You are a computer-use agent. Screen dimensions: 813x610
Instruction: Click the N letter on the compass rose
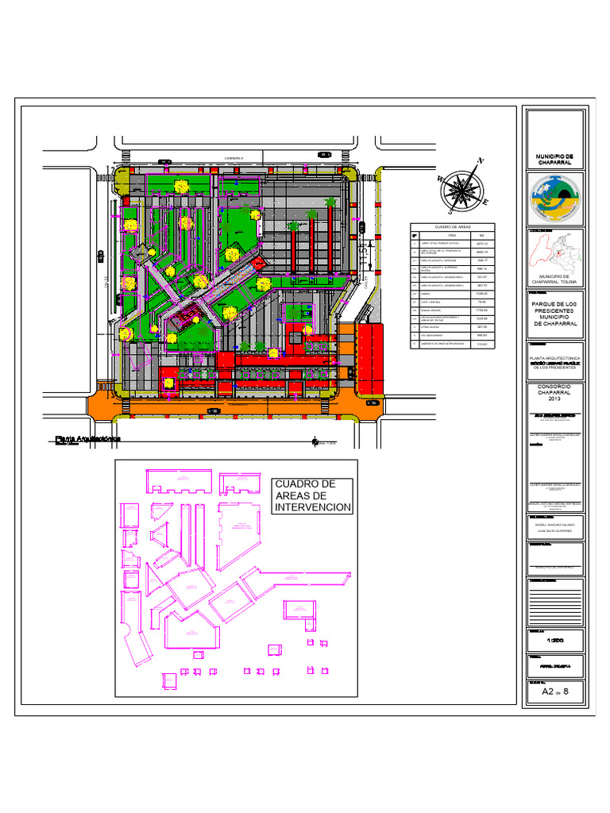point(480,161)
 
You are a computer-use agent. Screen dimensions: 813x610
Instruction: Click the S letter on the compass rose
point(450,211)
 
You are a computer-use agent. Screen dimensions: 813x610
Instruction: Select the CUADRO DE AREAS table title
point(452,227)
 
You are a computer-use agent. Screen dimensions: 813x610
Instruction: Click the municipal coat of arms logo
point(555,198)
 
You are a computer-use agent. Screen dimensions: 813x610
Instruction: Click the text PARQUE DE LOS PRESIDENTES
point(555,314)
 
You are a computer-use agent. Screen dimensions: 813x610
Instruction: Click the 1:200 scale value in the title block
point(555,640)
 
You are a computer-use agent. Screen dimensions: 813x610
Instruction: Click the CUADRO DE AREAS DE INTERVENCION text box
point(312,495)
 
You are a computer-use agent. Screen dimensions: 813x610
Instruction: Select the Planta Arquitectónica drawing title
point(87,438)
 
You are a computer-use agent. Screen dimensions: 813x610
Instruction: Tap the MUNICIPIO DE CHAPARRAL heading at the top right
point(555,160)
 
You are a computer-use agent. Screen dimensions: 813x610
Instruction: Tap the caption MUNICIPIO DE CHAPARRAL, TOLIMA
point(555,279)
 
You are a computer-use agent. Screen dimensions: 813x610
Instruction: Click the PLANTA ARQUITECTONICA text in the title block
point(555,359)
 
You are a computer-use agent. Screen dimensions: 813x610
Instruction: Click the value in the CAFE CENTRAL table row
point(481,302)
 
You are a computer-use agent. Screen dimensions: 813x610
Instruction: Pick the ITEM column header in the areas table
point(452,236)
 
